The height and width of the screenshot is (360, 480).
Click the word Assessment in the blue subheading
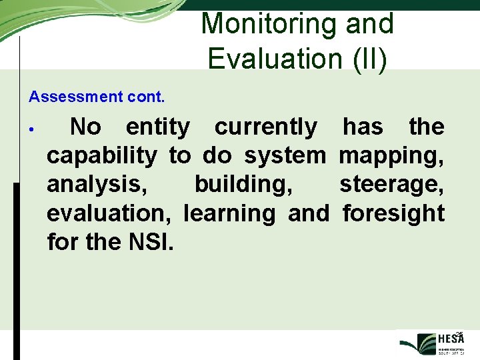point(73,97)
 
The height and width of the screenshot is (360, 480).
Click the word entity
point(157,127)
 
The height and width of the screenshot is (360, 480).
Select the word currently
point(265,127)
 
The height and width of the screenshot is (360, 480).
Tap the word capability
point(101,156)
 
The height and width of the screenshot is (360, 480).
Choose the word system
point(285,156)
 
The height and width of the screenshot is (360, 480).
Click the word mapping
point(391,156)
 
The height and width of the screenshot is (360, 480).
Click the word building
point(243,185)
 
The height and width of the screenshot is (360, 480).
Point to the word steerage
point(391,185)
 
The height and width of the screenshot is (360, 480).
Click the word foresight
point(393,213)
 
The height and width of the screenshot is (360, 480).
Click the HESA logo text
point(451,339)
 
